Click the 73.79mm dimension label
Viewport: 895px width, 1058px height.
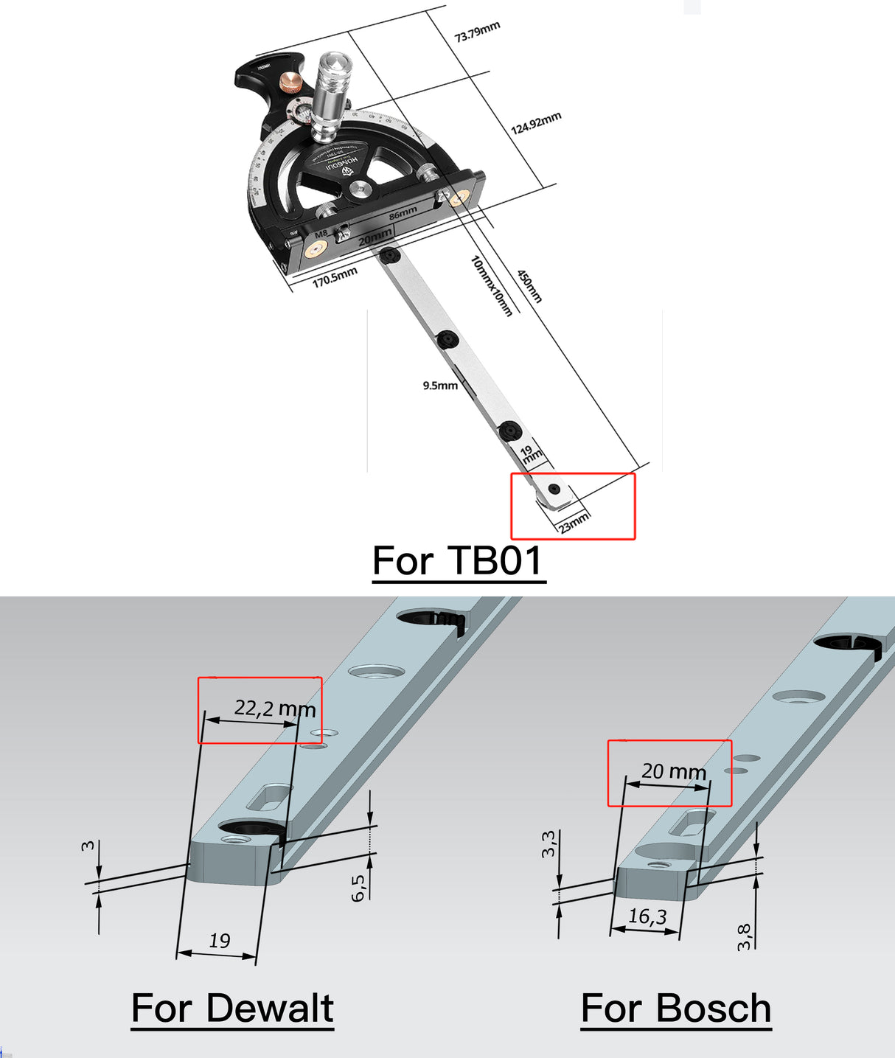pos(477,32)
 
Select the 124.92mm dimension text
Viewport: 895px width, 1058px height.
pos(536,123)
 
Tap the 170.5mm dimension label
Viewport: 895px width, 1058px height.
pos(335,277)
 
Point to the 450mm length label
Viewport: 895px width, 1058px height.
pos(529,286)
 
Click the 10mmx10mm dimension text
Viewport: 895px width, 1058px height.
pos(491,286)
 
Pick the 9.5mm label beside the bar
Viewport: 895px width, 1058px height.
pos(440,386)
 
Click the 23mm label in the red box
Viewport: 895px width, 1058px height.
pos(574,522)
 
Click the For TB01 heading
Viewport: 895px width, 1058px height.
pos(458,561)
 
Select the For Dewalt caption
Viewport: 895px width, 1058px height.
pos(232,1008)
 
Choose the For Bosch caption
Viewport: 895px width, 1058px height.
pos(676,1008)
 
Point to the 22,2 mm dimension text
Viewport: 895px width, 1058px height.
pos(275,709)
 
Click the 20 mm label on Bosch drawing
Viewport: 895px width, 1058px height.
pos(674,771)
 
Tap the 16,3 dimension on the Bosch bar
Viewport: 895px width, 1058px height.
pos(647,916)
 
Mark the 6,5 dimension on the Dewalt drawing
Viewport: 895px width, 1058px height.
pos(358,888)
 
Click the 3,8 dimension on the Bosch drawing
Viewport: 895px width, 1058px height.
pos(745,937)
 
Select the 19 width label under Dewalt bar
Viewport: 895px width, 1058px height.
pos(219,941)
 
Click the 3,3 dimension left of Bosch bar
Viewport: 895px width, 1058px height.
pos(549,844)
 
